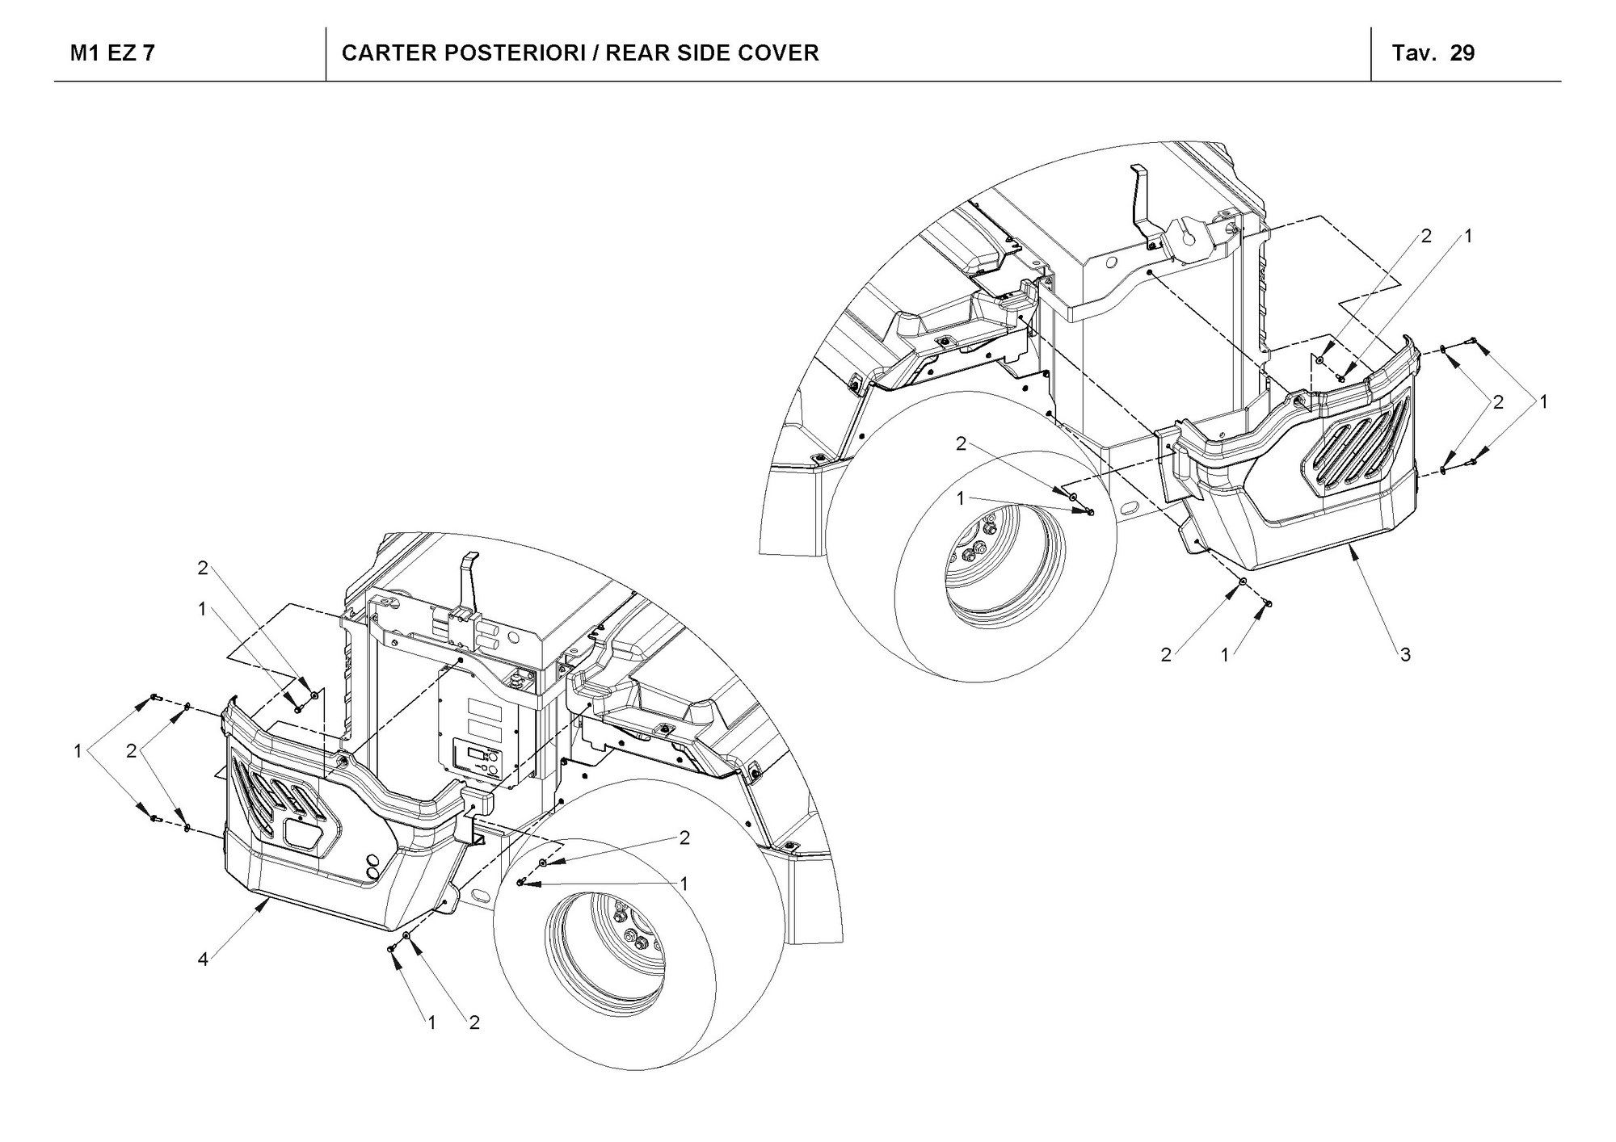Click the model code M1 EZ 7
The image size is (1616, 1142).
tap(112, 53)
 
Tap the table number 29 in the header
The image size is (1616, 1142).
tap(1462, 53)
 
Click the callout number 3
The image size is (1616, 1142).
tap(1405, 655)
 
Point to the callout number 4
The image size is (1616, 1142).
tap(203, 960)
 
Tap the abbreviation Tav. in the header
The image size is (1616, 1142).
tap(1414, 53)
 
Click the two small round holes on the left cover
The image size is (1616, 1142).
tap(373, 866)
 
